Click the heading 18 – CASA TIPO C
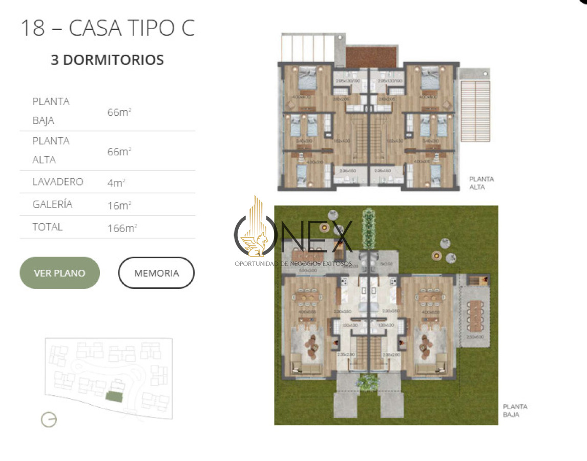coord(108,28)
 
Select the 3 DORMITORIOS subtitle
coord(107,60)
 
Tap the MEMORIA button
coord(156,273)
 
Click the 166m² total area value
coord(122,228)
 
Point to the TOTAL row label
coord(47,227)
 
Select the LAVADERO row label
coord(57,182)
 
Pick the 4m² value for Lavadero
coord(116,183)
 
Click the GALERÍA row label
coord(52,204)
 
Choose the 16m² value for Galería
coord(119,205)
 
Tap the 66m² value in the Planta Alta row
coord(119,152)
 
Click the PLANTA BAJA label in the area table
coord(51,111)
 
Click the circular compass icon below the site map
coord(49,420)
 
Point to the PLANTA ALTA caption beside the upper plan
coord(481,183)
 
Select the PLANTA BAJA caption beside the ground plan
coord(515,411)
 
